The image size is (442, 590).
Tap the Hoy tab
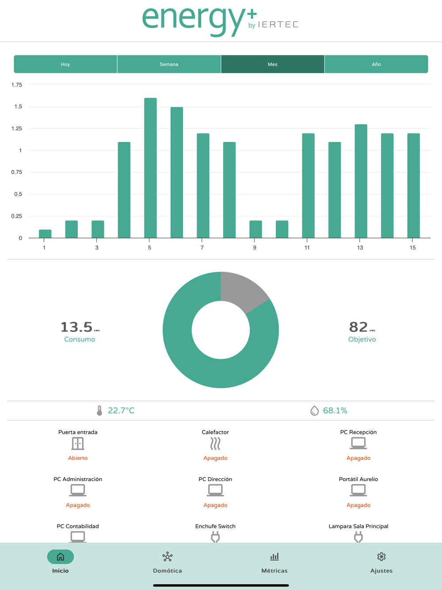click(65, 64)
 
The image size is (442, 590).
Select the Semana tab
click(169, 64)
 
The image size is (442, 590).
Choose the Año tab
click(376, 64)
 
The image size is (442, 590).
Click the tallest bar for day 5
click(150, 168)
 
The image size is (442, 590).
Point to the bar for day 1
click(45, 234)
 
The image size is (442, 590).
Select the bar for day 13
click(361, 181)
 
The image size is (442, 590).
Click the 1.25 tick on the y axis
click(17, 129)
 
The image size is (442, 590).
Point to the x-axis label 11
click(307, 248)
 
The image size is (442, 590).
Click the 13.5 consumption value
click(76, 327)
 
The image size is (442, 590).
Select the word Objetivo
click(362, 340)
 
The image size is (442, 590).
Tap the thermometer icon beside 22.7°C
click(99, 410)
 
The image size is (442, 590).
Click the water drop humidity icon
click(314, 410)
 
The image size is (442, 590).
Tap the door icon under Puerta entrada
click(78, 444)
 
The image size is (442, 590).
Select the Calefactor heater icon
click(215, 444)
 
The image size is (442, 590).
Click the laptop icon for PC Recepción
click(358, 443)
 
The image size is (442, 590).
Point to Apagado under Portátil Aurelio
click(358, 505)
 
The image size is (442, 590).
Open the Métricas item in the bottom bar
click(274, 562)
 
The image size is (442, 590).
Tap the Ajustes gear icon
click(381, 557)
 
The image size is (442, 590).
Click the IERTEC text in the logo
click(278, 24)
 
